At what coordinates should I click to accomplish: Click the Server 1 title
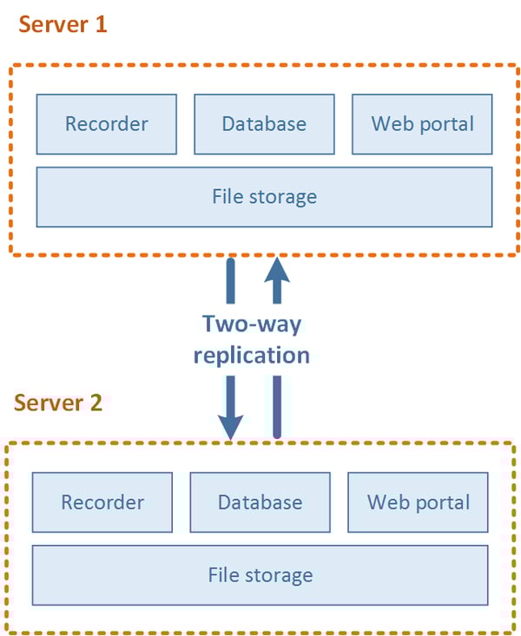[x=63, y=23]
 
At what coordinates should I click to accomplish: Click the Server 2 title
[x=58, y=403]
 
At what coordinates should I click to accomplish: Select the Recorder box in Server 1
[x=106, y=123]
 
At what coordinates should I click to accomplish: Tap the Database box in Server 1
[x=264, y=123]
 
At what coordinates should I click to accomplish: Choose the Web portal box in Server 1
[x=422, y=123]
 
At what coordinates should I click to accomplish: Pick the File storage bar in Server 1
[x=264, y=197]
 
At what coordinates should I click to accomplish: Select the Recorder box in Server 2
[x=102, y=502]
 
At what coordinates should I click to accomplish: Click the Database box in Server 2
[x=260, y=502]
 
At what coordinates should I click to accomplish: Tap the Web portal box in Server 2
[x=418, y=502]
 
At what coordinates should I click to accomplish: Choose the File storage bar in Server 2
[x=260, y=574]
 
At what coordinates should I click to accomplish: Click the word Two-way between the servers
[x=252, y=325]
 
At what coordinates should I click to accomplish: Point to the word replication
[x=252, y=355]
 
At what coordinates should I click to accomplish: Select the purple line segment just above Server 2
[x=276, y=408]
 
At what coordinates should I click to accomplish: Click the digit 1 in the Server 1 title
[x=101, y=23]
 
